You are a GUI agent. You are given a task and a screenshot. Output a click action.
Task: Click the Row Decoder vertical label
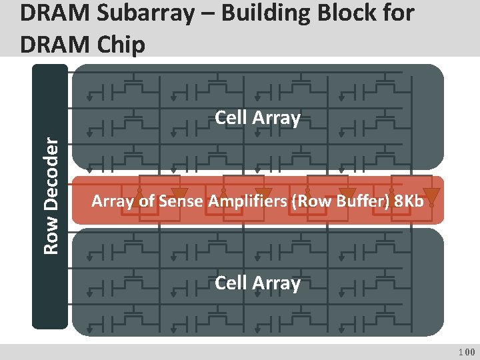click(50, 194)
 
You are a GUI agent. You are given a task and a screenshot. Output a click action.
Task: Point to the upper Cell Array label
click(257, 118)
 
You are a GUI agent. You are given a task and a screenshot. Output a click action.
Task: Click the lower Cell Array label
click(257, 283)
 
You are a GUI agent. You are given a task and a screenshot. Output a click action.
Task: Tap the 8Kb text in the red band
click(409, 201)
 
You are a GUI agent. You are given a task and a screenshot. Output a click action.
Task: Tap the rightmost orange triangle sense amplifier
click(432, 196)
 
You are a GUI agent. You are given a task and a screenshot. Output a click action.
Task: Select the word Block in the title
click(347, 14)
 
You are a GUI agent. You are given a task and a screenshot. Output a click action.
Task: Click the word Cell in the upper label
click(230, 118)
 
